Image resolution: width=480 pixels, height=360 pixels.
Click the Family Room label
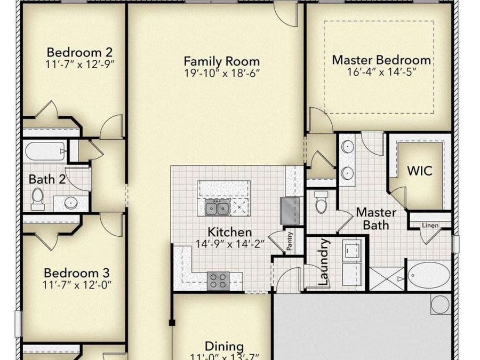(221, 61)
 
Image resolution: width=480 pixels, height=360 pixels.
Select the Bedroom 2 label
(79, 52)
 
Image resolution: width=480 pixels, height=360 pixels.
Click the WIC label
(420, 172)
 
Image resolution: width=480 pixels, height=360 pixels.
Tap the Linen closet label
(430, 226)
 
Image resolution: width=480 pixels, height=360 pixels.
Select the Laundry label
(323, 262)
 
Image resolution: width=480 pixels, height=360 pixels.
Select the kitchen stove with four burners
(218, 279)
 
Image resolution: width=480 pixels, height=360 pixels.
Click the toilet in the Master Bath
(321, 202)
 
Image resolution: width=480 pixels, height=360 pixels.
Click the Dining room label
(225, 347)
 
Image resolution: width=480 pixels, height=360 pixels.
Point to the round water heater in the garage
(440, 304)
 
